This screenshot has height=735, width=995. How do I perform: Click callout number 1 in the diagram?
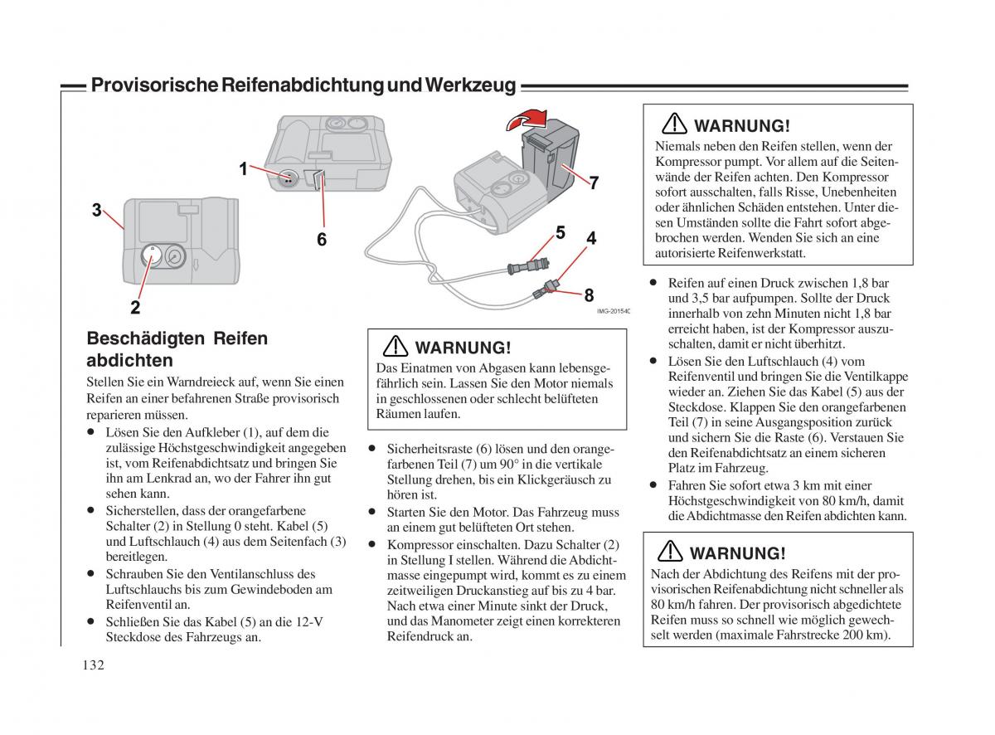tap(243, 168)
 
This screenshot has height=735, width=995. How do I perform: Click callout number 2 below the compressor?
tap(134, 307)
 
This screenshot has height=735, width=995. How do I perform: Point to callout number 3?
tap(97, 210)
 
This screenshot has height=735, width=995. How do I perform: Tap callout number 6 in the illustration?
tap(321, 239)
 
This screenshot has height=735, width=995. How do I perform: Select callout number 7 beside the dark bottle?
tap(594, 183)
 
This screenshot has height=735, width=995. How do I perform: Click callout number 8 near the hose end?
tap(589, 294)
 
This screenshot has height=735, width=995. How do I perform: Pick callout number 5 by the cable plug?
tap(560, 233)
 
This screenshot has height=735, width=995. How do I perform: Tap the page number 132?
tap(94, 664)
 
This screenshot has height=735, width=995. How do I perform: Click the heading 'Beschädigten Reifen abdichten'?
tap(177, 349)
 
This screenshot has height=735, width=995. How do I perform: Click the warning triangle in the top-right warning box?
tap(674, 124)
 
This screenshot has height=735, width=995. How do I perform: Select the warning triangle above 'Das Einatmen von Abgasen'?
tap(395, 347)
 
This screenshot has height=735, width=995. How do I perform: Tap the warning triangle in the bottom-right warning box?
tap(669, 552)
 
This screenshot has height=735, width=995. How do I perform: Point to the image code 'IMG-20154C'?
tap(613, 311)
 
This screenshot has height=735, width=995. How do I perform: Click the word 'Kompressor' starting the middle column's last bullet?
tap(420, 544)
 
